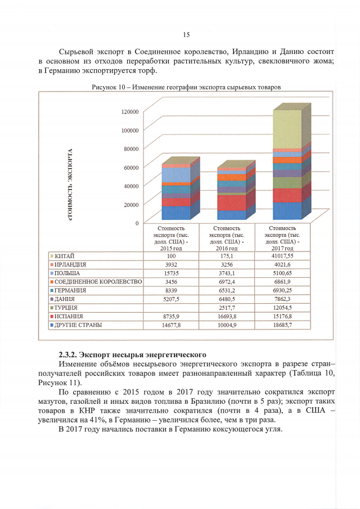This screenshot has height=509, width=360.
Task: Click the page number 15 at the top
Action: pos(186,35)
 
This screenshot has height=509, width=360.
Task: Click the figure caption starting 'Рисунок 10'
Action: pos(186,87)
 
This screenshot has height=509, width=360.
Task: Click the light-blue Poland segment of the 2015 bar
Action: pos(175,175)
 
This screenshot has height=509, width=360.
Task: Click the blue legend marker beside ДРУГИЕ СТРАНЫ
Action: pos(52,326)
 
